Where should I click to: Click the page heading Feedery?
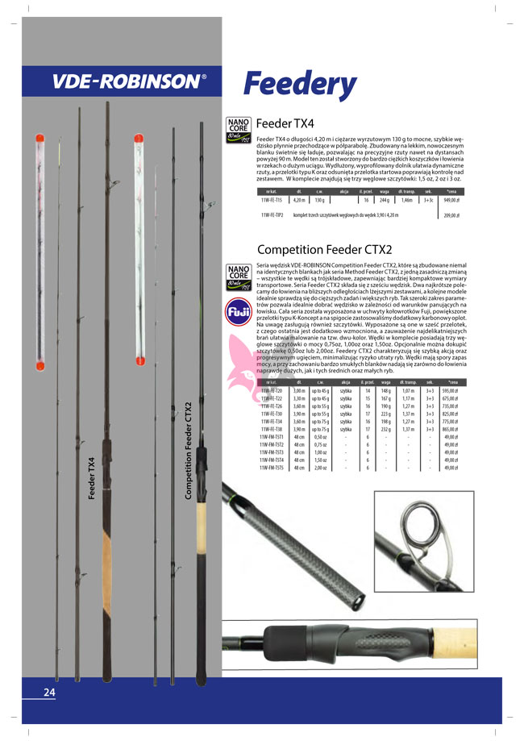pyautogui.click(x=299, y=84)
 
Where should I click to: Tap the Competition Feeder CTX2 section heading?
pyautogui.click(x=323, y=249)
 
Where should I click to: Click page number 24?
pyautogui.click(x=49, y=693)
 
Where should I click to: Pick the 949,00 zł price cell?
pyautogui.click(x=451, y=198)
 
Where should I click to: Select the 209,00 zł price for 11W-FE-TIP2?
pyautogui.click(x=451, y=215)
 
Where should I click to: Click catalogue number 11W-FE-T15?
pyautogui.click(x=272, y=198)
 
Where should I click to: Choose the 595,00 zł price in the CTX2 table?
pyautogui.click(x=451, y=389)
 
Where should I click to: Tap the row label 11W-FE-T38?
pyautogui.click(x=272, y=429)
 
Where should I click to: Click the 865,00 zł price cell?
pyautogui.click(x=451, y=429)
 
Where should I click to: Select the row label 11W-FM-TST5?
pyautogui.click(x=272, y=468)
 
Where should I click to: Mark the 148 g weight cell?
pyautogui.click(x=386, y=389)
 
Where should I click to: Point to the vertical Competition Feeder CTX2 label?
pyautogui.click(x=189, y=451)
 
